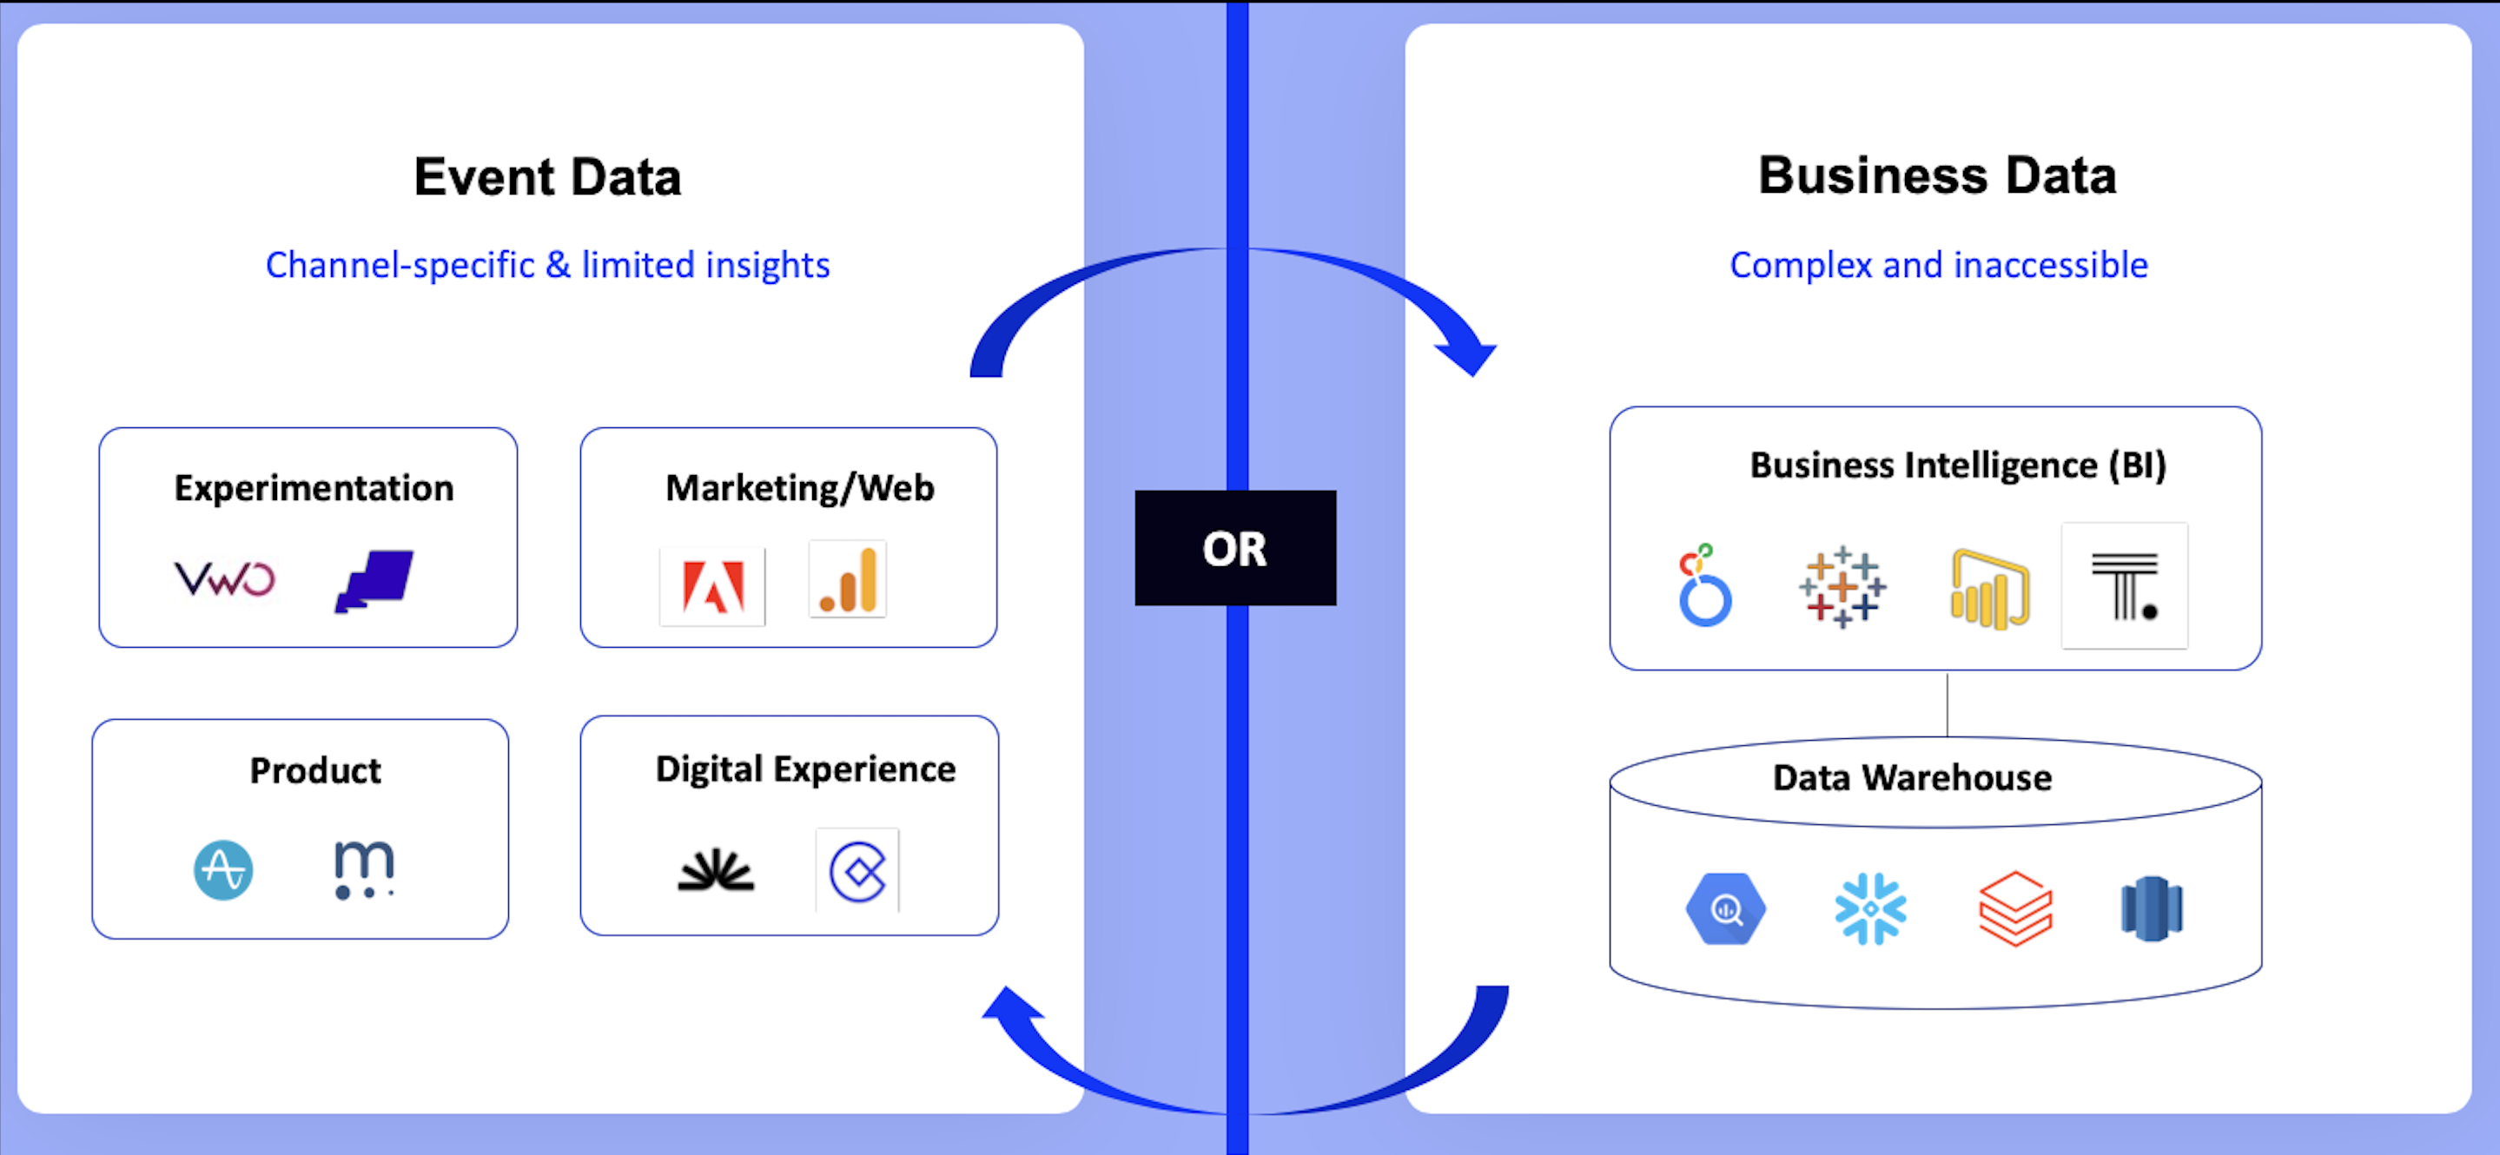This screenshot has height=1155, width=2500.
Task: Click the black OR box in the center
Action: [1234, 547]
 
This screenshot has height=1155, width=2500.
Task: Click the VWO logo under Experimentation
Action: [224, 578]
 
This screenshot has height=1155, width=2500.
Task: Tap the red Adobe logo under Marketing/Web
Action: [712, 586]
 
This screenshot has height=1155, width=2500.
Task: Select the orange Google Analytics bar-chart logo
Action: [847, 580]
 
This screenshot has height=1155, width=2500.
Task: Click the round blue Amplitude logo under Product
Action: [223, 869]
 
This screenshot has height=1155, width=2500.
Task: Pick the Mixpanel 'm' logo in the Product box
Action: [364, 869]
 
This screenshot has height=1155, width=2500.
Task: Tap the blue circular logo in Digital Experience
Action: [858, 871]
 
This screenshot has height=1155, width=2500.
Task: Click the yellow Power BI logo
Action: [1989, 589]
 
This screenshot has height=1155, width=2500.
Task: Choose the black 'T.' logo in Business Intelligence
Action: [2125, 585]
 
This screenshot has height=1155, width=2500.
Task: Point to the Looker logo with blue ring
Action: [1704, 586]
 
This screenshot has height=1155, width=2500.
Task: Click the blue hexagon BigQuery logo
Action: [1725, 908]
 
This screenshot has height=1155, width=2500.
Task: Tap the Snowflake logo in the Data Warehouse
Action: [1870, 908]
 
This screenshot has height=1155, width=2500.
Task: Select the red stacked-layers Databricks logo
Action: [2014, 908]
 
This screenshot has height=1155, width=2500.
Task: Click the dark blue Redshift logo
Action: [2152, 908]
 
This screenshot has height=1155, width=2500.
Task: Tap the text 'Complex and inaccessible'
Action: [1938, 265]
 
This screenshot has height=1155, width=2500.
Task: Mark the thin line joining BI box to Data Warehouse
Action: [1947, 703]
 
